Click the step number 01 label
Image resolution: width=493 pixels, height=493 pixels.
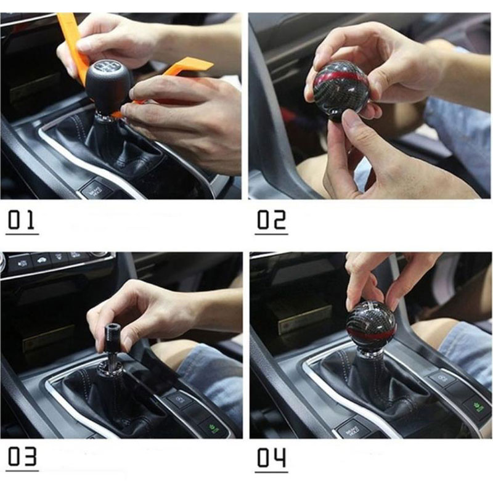pos(22,221)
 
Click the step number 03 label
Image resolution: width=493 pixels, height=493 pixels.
pos(22,457)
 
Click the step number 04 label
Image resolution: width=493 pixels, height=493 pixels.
pos(272,457)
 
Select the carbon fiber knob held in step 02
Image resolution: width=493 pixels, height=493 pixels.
pos(341,91)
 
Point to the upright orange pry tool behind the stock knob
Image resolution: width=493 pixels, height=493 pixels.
pos(75,47)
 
